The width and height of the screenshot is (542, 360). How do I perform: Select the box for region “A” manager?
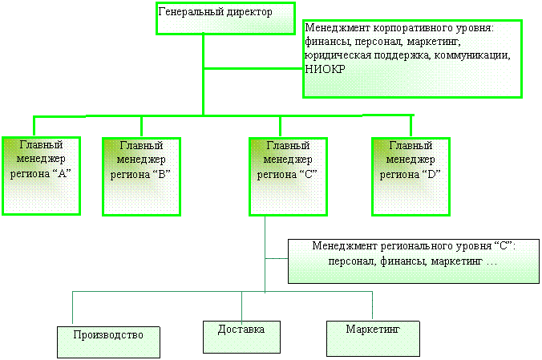coord(41,175)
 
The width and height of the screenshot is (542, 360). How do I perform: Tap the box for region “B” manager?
coord(140,175)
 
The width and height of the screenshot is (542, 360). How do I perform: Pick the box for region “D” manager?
coord(411,175)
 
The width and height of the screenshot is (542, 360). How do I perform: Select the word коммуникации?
coord(472,55)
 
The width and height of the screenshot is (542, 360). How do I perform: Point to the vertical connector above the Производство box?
coord(74,309)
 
